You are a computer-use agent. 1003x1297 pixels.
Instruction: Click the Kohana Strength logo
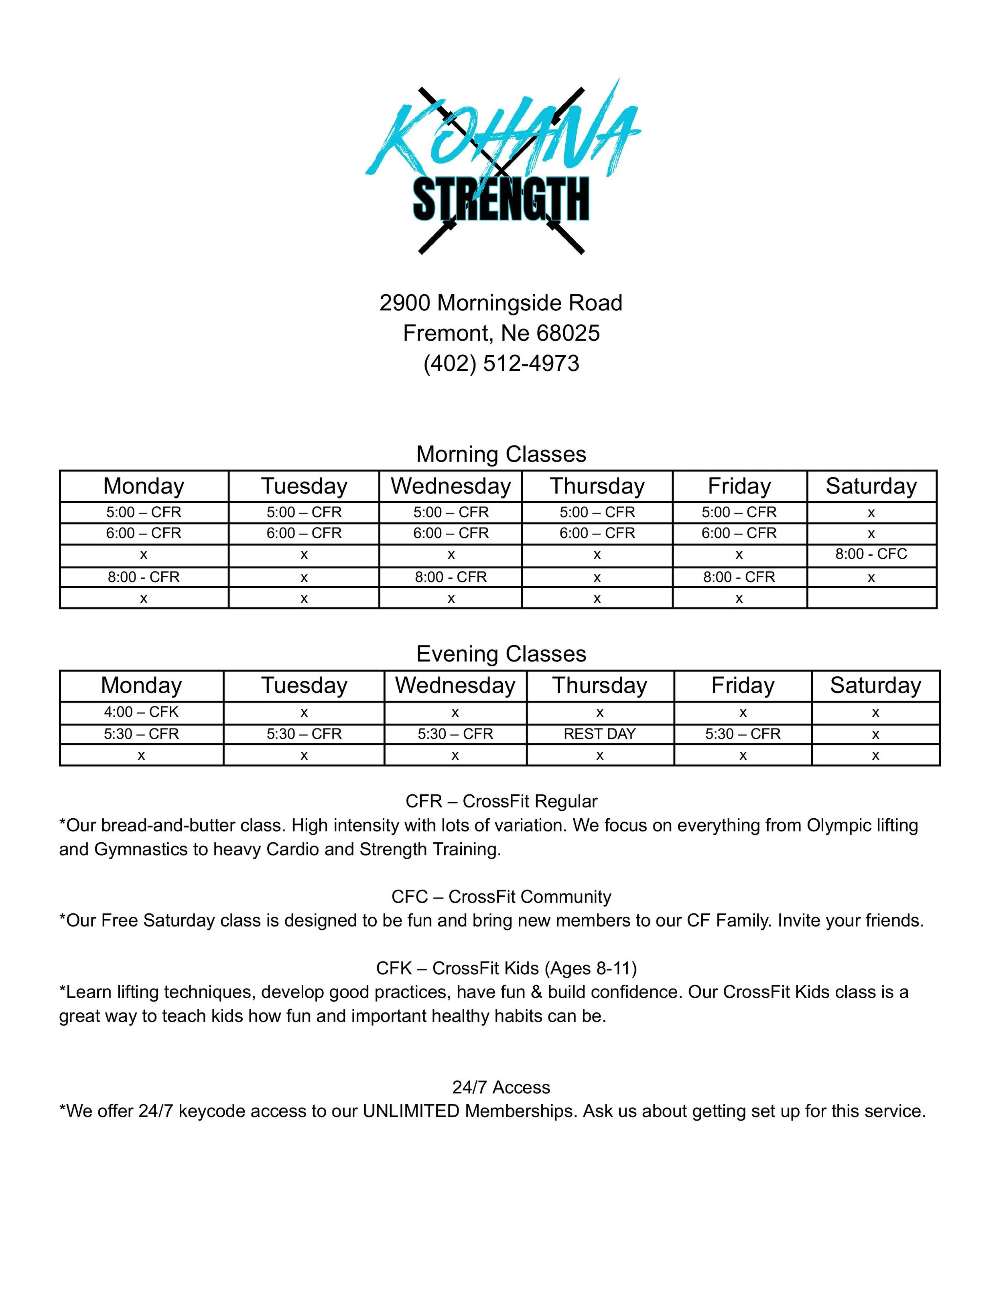(x=502, y=169)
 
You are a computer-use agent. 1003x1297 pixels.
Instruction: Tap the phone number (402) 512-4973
(x=501, y=364)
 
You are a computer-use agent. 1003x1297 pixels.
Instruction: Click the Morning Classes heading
(x=501, y=454)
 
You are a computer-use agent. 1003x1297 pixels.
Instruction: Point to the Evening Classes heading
(x=501, y=654)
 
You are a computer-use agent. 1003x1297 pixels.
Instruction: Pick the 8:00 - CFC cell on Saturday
(x=871, y=554)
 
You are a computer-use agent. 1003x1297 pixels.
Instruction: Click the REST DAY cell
(x=599, y=734)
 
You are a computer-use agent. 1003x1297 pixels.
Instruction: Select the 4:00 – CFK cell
(x=141, y=712)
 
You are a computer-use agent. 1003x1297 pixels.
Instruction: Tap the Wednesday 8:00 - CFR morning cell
(x=451, y=577)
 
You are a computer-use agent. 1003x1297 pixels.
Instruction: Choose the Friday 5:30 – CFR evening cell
(x=743, y=734)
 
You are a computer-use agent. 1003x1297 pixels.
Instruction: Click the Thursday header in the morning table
(x=597, y=486)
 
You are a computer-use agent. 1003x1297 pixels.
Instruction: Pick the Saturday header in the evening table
(x=875, y=685)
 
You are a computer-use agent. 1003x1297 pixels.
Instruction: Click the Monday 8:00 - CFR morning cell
(x=143, y=577)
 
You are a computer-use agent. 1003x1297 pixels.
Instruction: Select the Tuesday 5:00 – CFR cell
(x=304, y=512)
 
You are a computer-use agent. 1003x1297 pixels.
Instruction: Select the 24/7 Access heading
(x=501, y=1087)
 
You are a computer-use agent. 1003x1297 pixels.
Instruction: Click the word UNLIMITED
(x=411, y=1111)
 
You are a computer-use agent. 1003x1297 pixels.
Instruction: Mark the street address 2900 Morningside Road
(x=501, y=303)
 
